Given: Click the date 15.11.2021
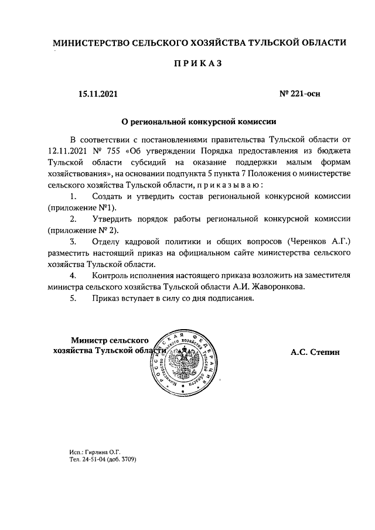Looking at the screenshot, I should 99,93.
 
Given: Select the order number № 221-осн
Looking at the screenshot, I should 301,93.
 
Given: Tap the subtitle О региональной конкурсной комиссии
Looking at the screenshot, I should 198,122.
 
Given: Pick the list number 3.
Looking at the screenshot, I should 73,241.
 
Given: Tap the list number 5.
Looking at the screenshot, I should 73,298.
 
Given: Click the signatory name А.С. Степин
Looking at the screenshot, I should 315,352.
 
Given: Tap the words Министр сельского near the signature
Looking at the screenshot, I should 110,340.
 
